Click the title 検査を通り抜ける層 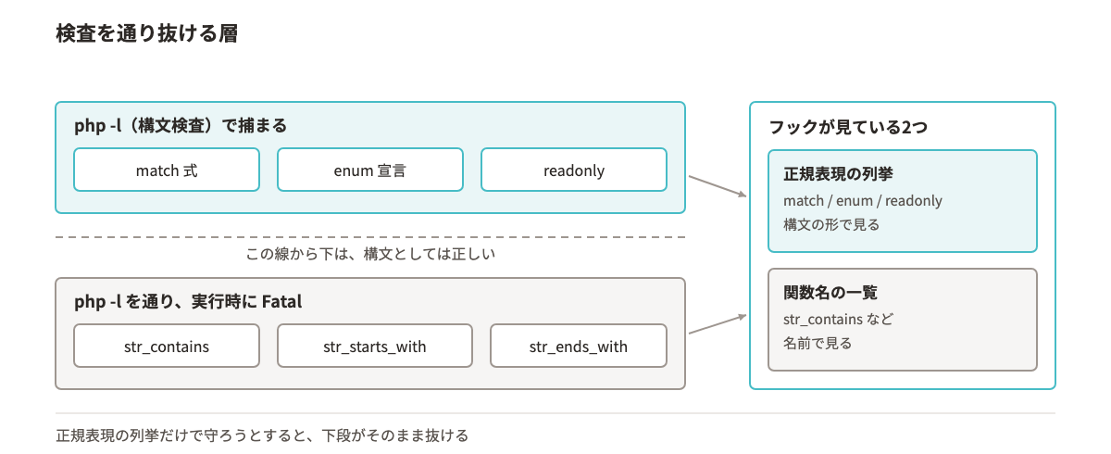click(147, 33)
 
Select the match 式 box click(167, 170)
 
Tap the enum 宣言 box click(370, 170)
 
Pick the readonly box click(574, 170)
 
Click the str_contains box click(167, 346)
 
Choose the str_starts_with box click(374, 346)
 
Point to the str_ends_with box click(579, 346)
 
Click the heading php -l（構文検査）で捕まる click(181, 125)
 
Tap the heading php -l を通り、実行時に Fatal click(188, 302)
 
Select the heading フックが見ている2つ click(848, 127)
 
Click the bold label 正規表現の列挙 click(838, 173)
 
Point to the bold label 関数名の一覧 click(830, 292)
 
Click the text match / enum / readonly click(863, 200)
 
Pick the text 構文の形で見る click(831, 225)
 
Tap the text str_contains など click(838, 319)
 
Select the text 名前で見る click(818, 344)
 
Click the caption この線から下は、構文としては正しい click(370, 254)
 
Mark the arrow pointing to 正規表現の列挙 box click(718, 186)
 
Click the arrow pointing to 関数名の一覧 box click(718, 324)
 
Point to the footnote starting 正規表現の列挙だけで click(262, 435)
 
